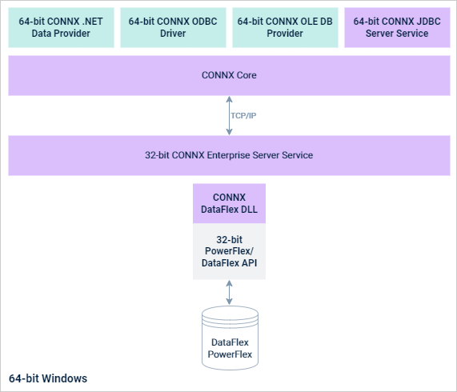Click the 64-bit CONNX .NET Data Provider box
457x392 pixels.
click(x=61, y=28)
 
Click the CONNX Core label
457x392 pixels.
click(x=229, y=75)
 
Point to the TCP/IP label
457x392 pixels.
click(x=243, y=116)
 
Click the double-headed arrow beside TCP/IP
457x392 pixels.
click(x=229, y=116)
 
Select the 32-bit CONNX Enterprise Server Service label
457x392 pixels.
click(x=229, y=155)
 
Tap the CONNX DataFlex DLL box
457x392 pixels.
click(x=229, y=203)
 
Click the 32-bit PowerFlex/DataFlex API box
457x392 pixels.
click(x=229, y=251)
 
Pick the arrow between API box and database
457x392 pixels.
click(x=229, y=292)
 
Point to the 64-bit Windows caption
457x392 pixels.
click(x=48, y=378)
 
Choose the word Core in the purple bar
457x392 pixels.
click(x=245, y=75)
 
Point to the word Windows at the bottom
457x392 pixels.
click(x=64, y=378)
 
